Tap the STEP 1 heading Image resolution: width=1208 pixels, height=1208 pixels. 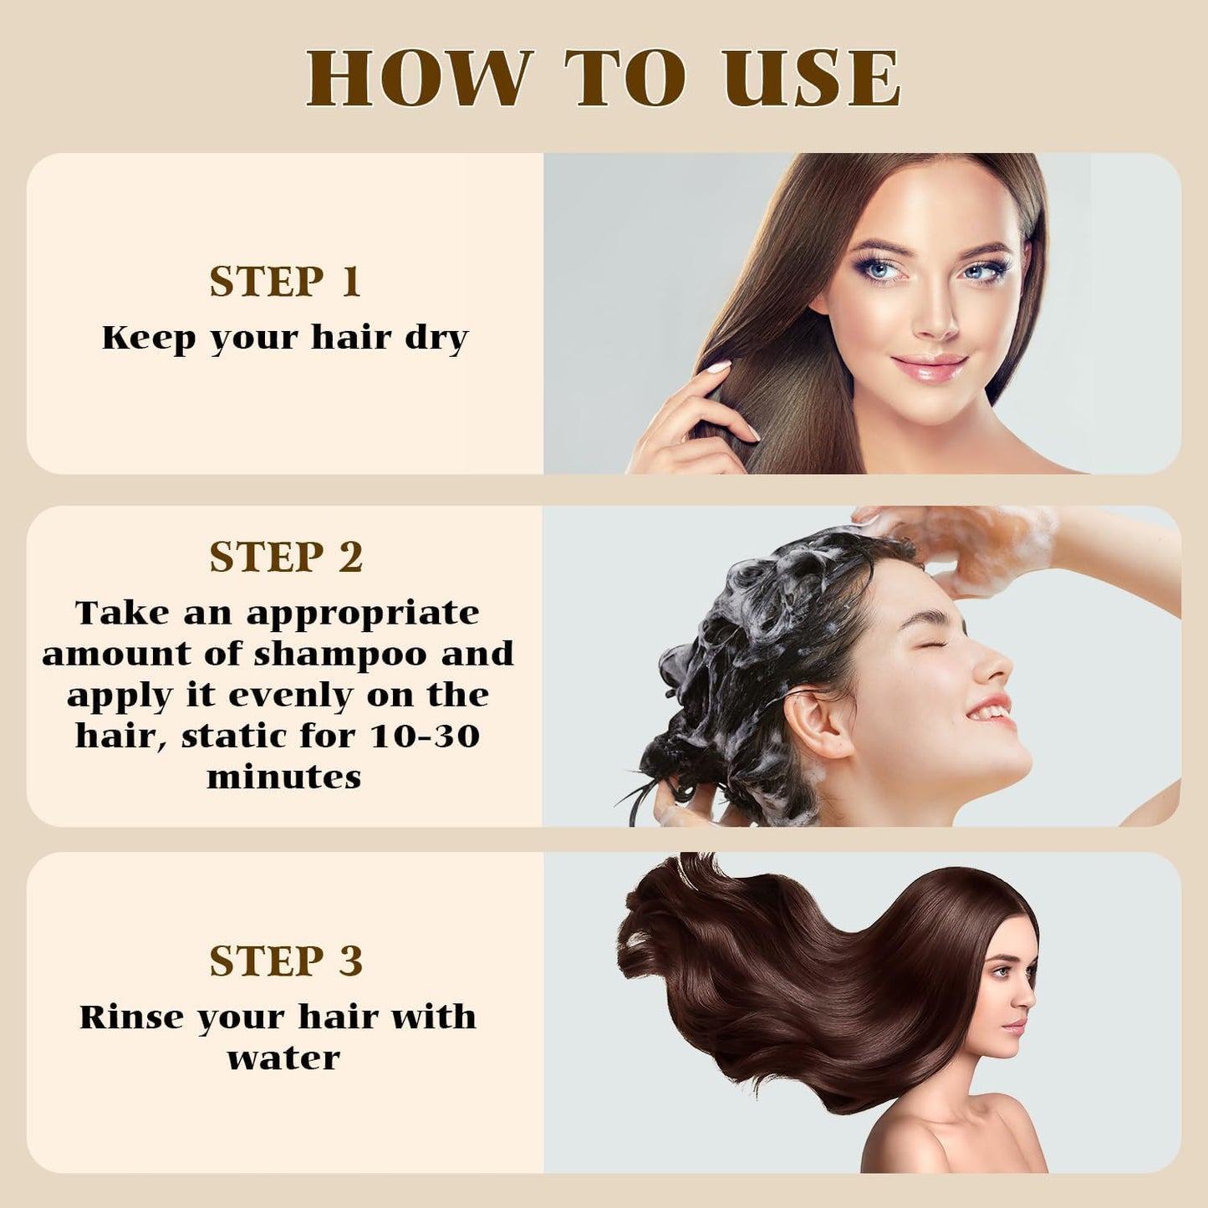pyautogui.click(x=285, y=282)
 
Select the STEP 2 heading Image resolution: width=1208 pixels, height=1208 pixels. pyautogui.click(x=286, y=558)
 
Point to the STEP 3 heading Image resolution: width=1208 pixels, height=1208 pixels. pyautogui.click(x=286, y=961)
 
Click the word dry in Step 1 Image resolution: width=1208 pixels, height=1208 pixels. pyautogui.click(x=436, y=339)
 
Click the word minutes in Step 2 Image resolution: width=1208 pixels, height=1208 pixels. pyautogui.click(x=284, y=777)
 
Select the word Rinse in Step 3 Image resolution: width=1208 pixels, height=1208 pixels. pyautogui.click(x=133, y=1017)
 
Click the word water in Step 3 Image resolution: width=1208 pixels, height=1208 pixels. pyautogui.click(x=284, y=1058)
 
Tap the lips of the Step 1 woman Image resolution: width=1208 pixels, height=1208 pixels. pyautogui.click(x=929, y=366)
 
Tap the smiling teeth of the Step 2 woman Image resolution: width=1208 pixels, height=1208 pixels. pyautogui.click(x=994, y=711)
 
